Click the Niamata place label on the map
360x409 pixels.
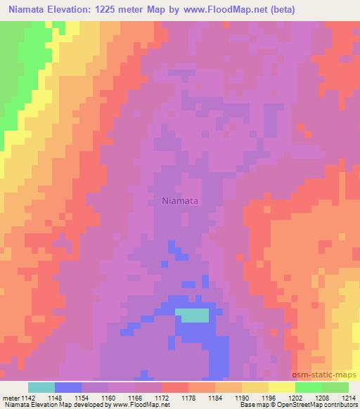(x=180, y=201)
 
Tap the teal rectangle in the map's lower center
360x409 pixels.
(x=192, y=316)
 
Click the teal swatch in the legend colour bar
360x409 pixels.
(x=41, y=387)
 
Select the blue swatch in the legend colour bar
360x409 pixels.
(x=68, y=387)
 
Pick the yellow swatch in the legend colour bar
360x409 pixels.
(x=282, y=387)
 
